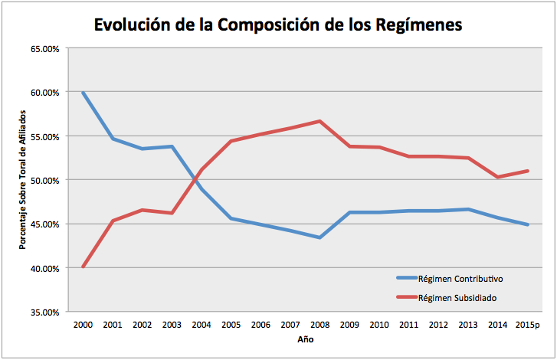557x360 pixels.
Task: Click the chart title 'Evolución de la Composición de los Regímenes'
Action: (x=278, y=25)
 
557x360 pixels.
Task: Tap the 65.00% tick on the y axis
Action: (x=44, y=48)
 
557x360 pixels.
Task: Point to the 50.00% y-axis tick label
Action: (x=44, y=180)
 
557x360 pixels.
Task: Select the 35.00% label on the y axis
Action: (x=44, y=313)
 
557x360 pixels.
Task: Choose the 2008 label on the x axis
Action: (x=319, y=325)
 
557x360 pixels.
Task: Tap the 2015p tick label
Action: (x=527, y=325)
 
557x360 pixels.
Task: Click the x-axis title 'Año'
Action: (x=304, y=339)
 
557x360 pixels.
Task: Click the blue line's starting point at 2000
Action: (x=82, y=93)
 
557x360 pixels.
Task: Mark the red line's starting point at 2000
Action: (x=82, y=267)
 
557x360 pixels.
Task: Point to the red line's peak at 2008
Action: (x=319, y=121)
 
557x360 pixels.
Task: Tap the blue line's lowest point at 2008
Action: (x=319, y=237)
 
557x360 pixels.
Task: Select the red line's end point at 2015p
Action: (x=527, y=171)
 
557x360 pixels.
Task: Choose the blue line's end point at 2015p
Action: (x=527, y=224)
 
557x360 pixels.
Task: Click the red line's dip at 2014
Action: (x=497, y=177)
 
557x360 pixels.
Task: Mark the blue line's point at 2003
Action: (x=171, y=146)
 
